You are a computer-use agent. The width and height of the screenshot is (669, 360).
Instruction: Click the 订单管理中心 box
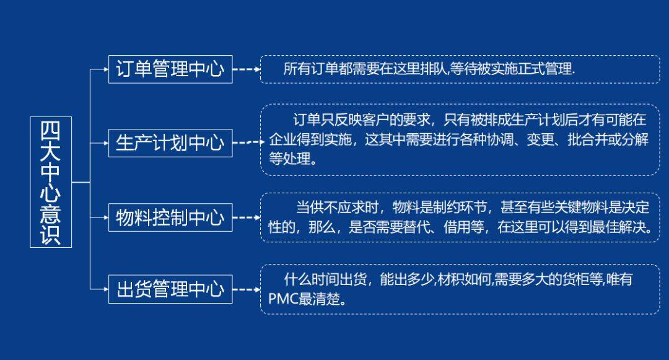click(x=170, y=69)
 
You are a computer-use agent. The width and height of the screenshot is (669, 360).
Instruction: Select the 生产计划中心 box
click(x=170, y=143)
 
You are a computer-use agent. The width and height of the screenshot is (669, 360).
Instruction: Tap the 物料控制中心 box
click(x=170, y=217)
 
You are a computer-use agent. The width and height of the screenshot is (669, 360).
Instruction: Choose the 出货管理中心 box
click(x=170, y=289)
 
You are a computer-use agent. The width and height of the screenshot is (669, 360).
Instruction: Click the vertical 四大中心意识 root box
click(x=51, y=182)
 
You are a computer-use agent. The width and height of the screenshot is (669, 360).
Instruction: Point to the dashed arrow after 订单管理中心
click(x=247, y=69)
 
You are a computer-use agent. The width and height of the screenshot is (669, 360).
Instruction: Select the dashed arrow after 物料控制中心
click(x=247, y=217)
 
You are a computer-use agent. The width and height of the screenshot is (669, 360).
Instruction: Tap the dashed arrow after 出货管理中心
click(x=247, y=289)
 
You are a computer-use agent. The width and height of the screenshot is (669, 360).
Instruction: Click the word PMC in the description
click(x=283, y=299)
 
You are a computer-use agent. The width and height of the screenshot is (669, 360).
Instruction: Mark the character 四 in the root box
click(x=51, y=130)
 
